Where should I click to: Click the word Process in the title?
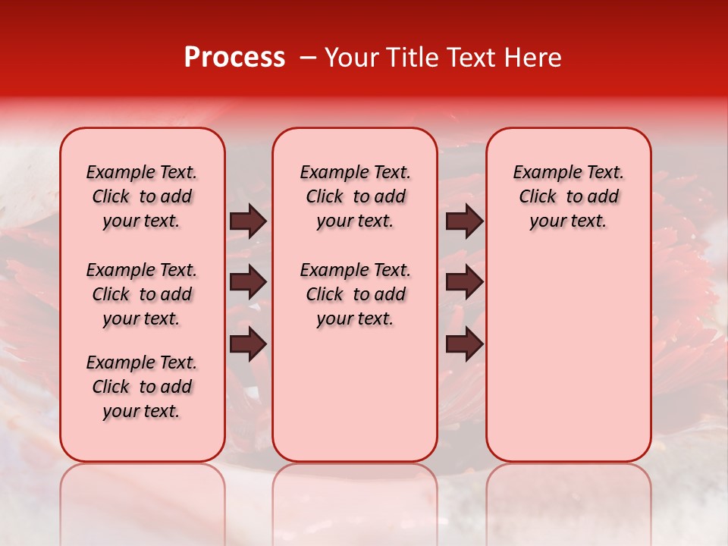(x=234, y=58)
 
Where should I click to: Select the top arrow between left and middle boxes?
(x=248, y=221)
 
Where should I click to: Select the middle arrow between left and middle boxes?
(x=248, y=283)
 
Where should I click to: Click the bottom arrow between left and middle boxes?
(x=248, y=344)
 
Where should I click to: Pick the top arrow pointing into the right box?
(x=464, y=221)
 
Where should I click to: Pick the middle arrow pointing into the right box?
(x=464, y=283)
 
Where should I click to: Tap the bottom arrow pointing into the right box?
(x=464, y=344)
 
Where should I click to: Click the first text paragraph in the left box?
(x=142, y=196)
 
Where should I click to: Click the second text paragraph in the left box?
(x=142, y=294)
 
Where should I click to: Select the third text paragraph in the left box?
(x=142, y=387)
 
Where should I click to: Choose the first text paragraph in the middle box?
(x=356, y=196)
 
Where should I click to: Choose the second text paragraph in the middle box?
(x=356, y=294)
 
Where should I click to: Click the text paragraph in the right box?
(x=569, y=196)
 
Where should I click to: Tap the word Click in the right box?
(x=538, y=197)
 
